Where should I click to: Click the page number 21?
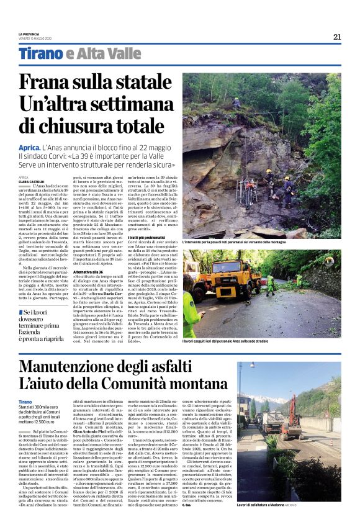tap(337, 37)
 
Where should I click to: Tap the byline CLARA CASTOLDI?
tap(31, 181)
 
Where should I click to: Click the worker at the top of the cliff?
tap(237, 102)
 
